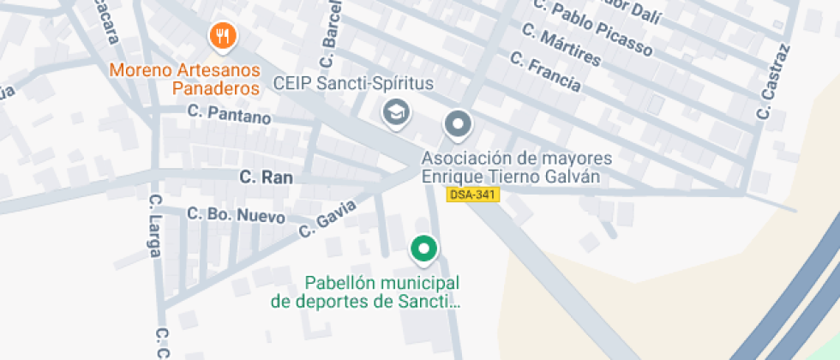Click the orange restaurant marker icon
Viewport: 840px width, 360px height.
coord(224,35)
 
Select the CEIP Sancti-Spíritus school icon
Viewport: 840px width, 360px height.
coord(396,112)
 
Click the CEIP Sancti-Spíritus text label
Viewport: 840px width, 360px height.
coord(353,84)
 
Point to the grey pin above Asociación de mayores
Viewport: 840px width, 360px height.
coord(459,125)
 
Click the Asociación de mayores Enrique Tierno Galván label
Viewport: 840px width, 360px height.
coord(516,168)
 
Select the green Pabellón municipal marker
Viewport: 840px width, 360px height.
coord(423,249)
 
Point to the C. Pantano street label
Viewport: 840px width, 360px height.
coord(229,115)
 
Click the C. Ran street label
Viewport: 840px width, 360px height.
coord(266,177)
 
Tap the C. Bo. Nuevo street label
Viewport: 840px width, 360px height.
coord(236,215)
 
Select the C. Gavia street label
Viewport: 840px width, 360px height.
coord(327,219)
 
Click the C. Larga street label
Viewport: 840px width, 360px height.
coord(155,225)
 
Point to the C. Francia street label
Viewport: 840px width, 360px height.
coord(545,72)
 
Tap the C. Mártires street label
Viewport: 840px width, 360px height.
coord(561,46)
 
